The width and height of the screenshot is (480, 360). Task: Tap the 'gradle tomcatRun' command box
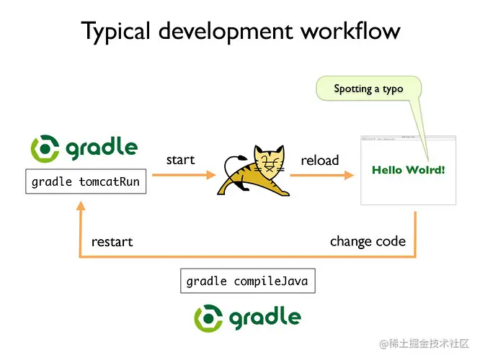pyautogui.click(x=86, y=182)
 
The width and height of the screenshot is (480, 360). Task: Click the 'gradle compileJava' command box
pyautogui.click(x=247, y=281)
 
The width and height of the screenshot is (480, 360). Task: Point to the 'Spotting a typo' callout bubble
pyautogui.click(x=368, y=89)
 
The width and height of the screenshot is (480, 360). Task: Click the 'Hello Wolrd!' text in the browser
pyautogui.click(x=408, y=170)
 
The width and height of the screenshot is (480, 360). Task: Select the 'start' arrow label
pyautogui.click(x=180, y=160)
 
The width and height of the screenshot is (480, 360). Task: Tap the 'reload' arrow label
pyautogui.click(x=320, y=160)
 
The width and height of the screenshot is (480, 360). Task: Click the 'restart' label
pyautogui.click(x=112, y=241)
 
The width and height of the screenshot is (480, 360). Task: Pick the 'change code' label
pyautogui.click(x=368, y=240)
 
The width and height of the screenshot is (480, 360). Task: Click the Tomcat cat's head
pyautogui.click(x=267, y=159)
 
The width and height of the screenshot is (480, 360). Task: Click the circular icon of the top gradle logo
pyautogui.click(x=45, y=149)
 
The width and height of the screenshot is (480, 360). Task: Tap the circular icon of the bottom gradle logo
pyautogui.click(x=209, y=318)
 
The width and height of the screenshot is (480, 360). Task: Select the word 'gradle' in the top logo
pyautogui.click(x=101, y=148)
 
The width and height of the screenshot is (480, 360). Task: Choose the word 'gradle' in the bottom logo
pyautogui.click(x=265, y=317)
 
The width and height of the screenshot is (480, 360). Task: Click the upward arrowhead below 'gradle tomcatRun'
pyautogui.click(x=81, y=207)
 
